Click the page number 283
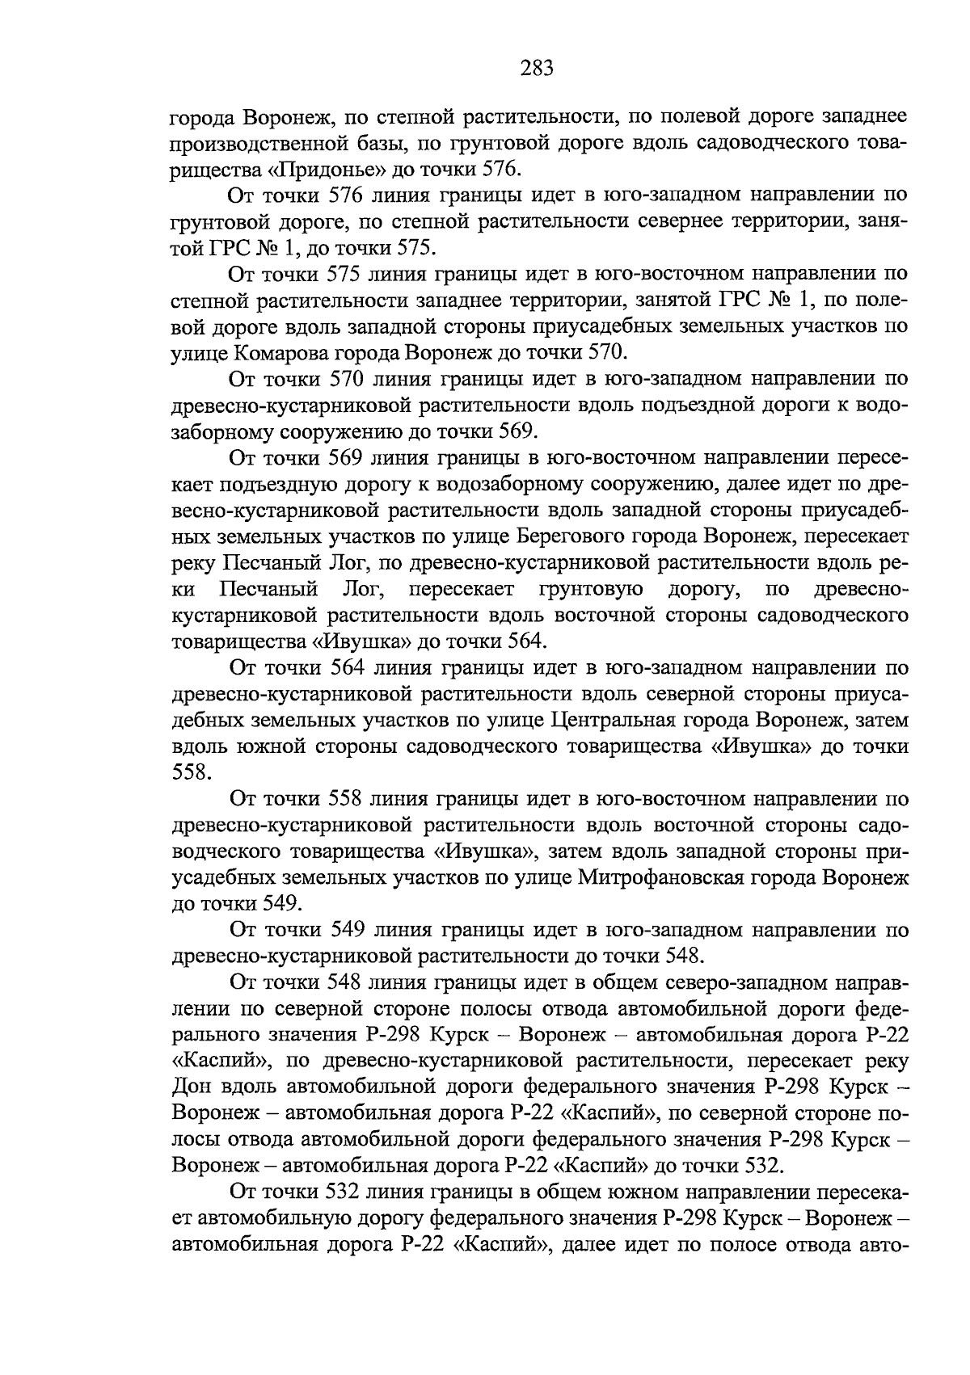[536, 69]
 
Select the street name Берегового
[629, 536]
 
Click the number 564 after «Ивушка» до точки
[525, 641]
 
